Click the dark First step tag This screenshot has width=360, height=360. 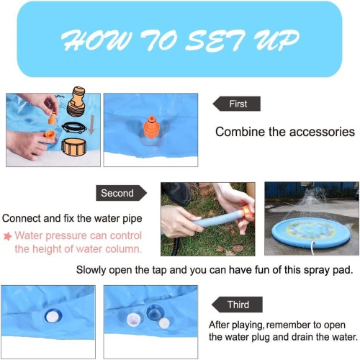pos(237,104)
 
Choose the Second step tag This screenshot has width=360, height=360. pos(120,193)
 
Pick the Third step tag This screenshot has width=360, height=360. pos(237,305)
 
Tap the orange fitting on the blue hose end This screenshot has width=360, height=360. pos(246,213)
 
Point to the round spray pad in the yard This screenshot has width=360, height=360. pos(310,233)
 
